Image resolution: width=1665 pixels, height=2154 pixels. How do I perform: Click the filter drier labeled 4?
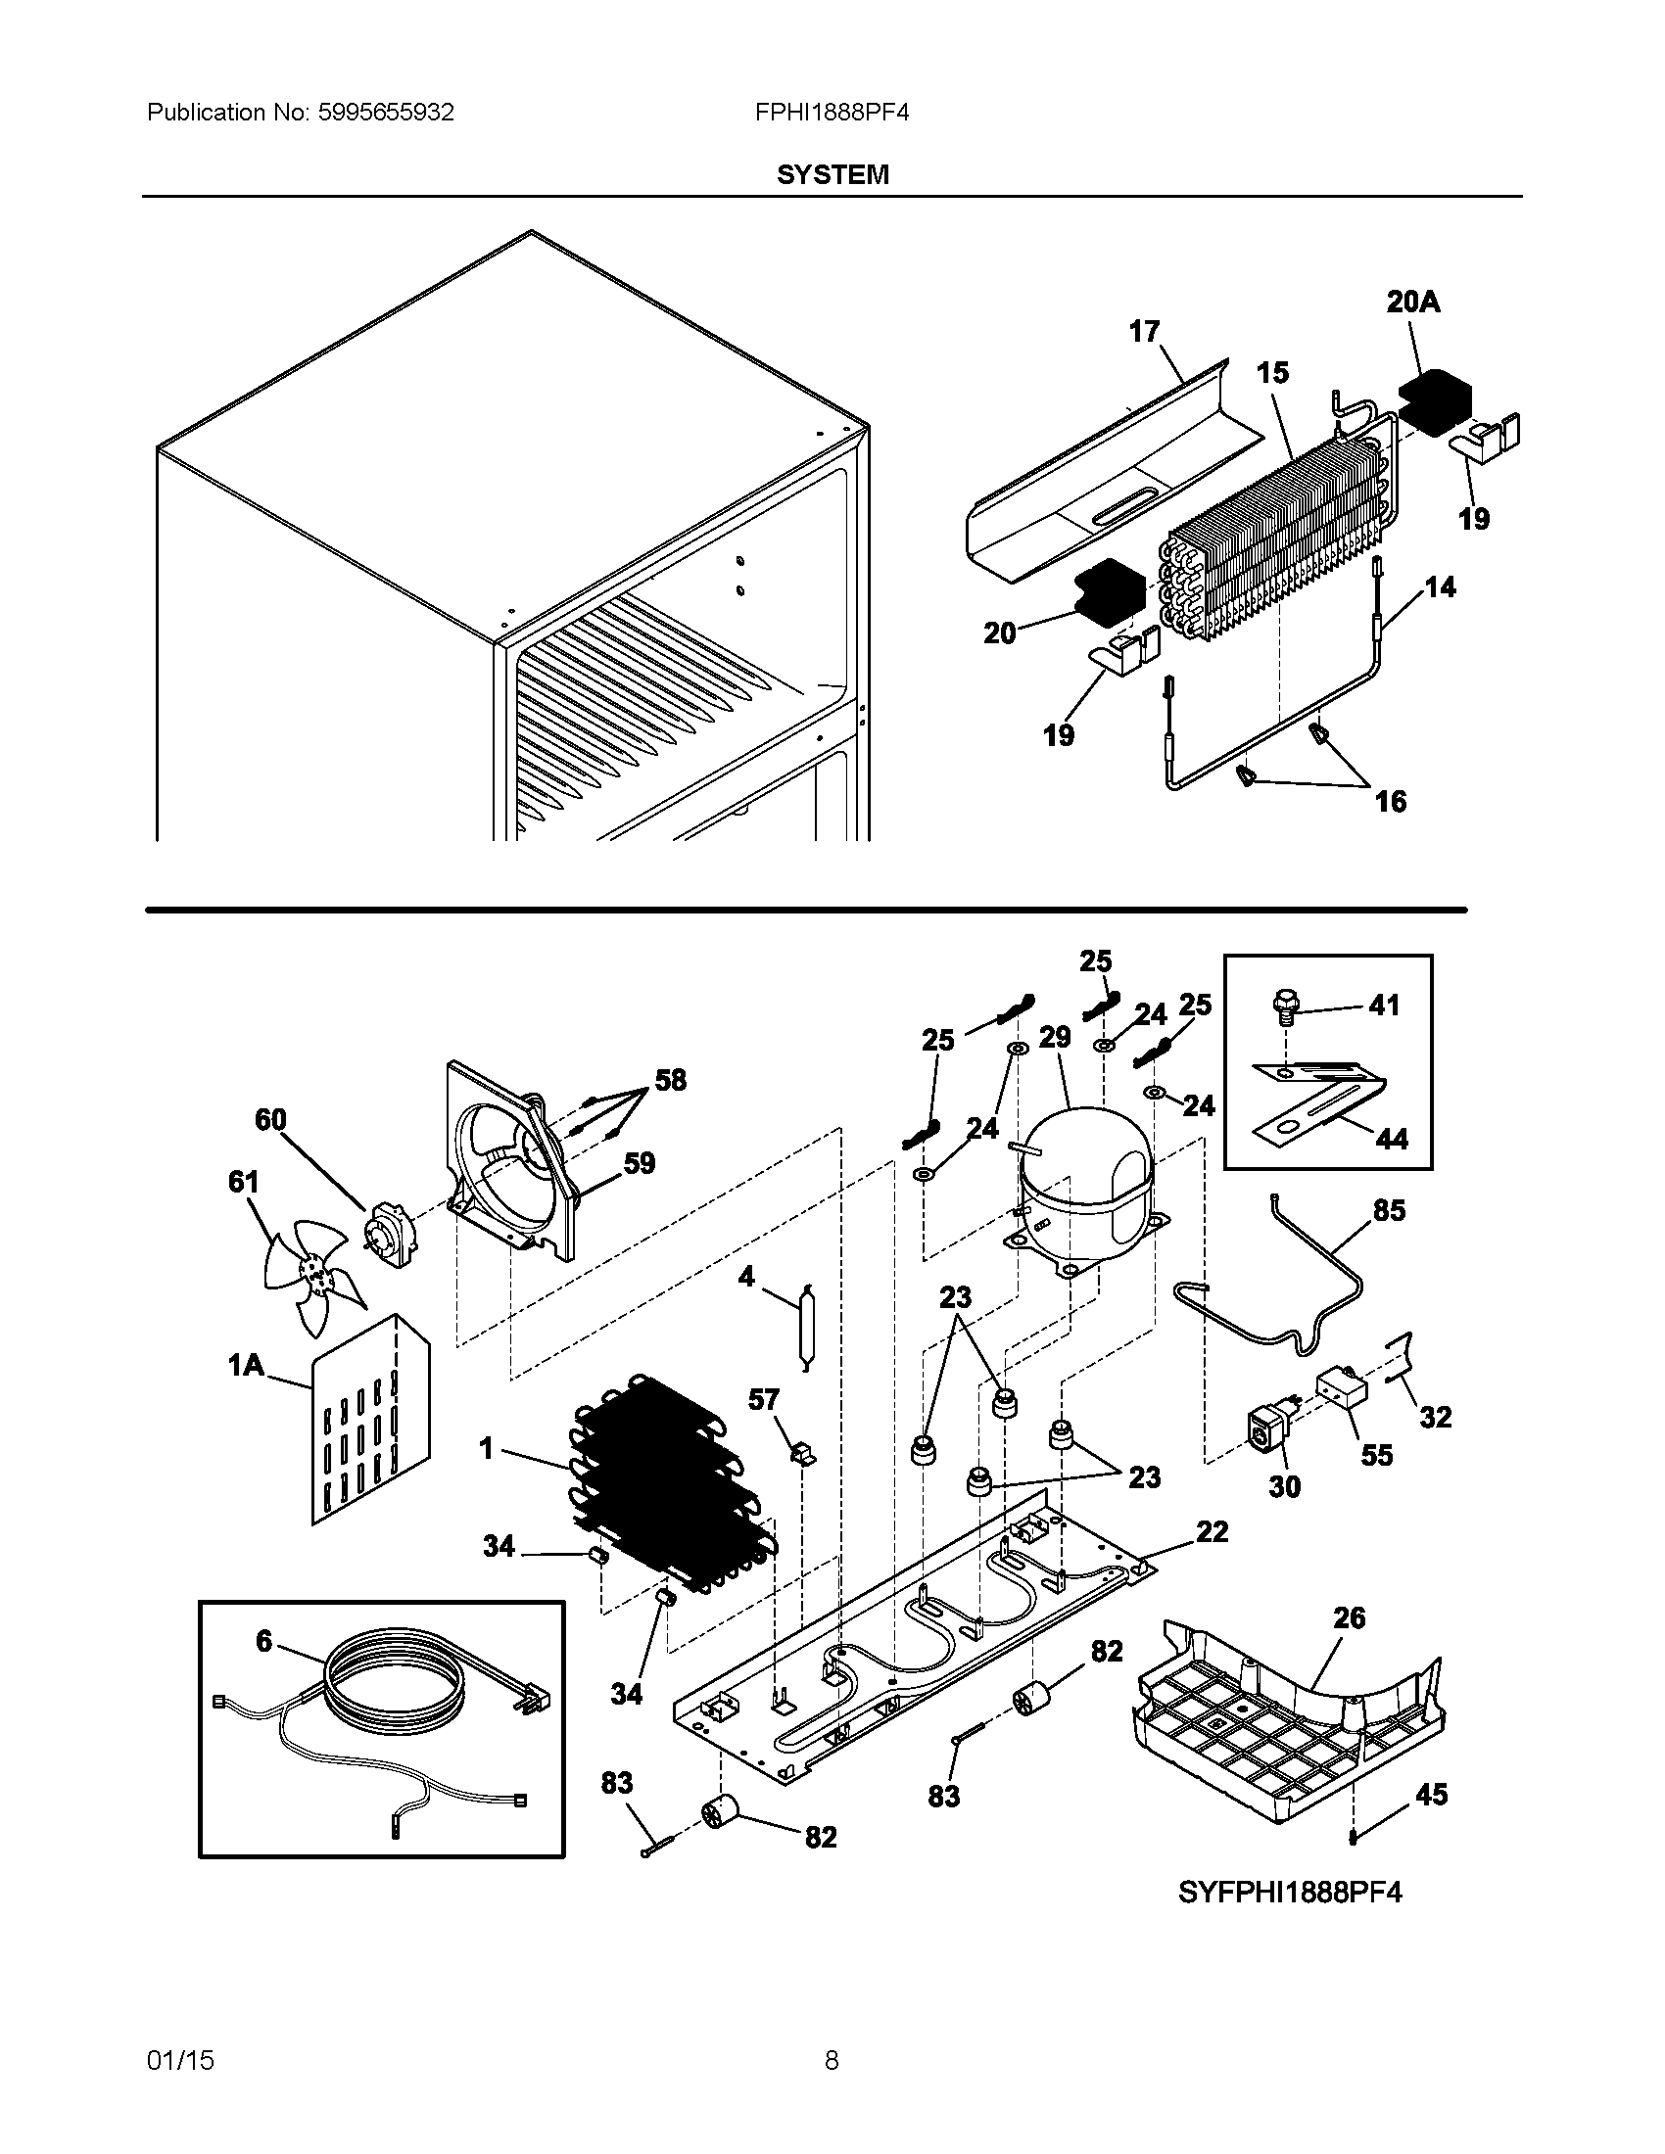click(x=808, y=1328)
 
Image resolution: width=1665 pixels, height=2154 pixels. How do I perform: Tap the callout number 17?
click(x=1144, y=331)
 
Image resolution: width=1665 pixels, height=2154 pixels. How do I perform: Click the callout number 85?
click(x=1389, y=1210)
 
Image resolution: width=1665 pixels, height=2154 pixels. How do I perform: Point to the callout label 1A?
click(x=246, y=1365)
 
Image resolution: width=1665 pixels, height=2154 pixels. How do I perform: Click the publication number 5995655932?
click(x=386, y=113)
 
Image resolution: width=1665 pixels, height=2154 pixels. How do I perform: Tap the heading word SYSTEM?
click(x=832, y=174)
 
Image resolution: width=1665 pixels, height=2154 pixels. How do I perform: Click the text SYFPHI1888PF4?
click(x=1289, y=1892)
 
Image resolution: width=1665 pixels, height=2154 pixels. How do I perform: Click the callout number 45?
click(x=1431, y=1794)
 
